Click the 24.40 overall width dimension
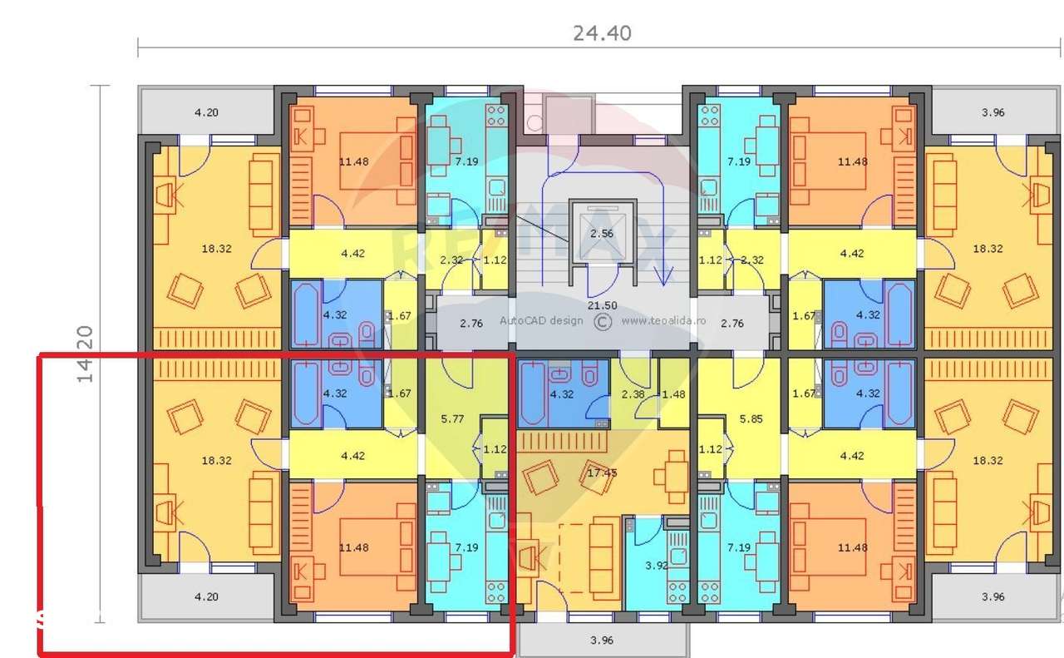(x=602, y=33)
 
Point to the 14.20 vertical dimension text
(x=85, y=354)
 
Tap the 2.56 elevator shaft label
(x=601, y=234)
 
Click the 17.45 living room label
(x=602, y=472)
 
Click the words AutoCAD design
(x=541, y=320)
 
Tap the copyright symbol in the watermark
(x=603, y=321)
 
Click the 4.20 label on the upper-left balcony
(x=205, y=112)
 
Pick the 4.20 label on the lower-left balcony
(x=205, y=596)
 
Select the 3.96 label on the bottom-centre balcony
(x=601, y=640)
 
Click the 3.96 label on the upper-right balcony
(x=993, y=112)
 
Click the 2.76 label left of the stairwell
(x=470, y=323)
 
